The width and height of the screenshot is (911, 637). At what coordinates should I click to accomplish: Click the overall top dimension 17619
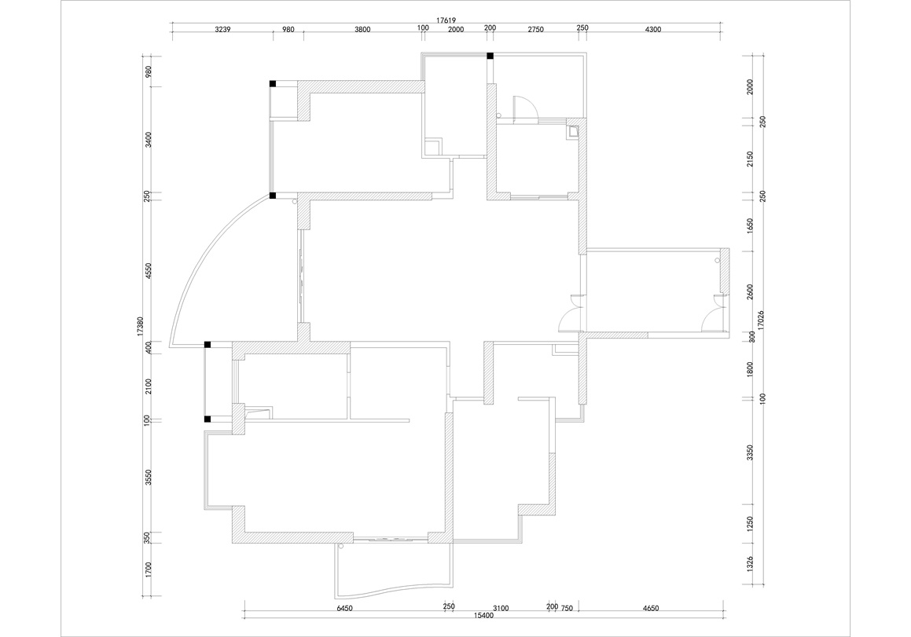click(446, 20)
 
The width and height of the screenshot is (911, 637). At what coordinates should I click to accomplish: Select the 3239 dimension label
click(223, 30)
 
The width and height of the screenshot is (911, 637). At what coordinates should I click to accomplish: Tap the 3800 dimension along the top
click(362, 30)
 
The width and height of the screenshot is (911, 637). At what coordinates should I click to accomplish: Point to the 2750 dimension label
click(536, 30)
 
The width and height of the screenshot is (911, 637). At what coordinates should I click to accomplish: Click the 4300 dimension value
click(653, 30)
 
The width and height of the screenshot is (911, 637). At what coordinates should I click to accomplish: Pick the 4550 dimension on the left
click(149, 271)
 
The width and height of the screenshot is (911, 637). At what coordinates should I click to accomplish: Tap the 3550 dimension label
click(149, 478)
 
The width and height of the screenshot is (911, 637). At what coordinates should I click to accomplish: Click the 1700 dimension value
click(149, 569)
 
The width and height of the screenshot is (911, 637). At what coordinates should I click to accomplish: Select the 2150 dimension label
click(750, 159)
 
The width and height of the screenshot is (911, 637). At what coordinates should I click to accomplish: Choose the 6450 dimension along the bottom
click(345, 609)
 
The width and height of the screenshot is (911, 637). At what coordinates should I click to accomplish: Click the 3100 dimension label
click(501, 609)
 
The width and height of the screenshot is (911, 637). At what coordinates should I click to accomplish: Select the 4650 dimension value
click(651, 609)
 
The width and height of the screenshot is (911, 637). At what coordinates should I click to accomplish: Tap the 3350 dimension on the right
click(750, 453)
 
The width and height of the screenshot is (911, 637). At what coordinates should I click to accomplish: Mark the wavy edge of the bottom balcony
click(394, 591)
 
